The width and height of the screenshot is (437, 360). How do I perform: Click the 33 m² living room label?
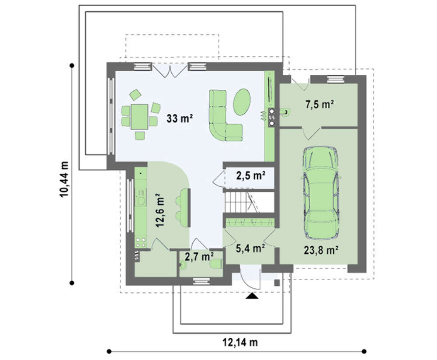click(180, 119)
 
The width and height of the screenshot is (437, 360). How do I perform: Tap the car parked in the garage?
click(321, 193)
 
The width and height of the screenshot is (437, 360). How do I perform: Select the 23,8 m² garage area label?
click(321, 250)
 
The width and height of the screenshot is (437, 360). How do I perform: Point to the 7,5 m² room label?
click(320, 105)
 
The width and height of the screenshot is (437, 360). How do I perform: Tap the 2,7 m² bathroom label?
click(199, 256)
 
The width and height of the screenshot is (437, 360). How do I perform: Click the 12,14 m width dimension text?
click(240, 342)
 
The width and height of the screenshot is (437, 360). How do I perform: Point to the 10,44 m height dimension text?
click(64, 179)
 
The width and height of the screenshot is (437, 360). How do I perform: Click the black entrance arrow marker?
click(252, 296)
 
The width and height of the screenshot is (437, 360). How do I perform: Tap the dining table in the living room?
click(139, 117)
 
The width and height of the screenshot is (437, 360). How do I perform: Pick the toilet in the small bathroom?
click(216, 263)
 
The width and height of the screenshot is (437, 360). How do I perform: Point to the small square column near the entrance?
click(277, 283)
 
